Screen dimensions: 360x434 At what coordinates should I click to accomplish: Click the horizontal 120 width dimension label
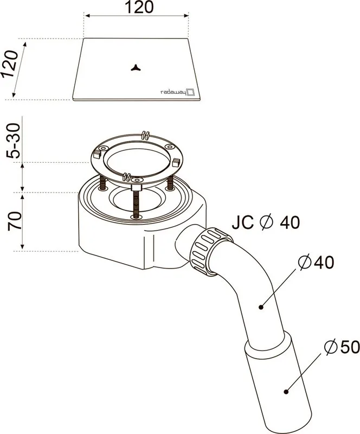click(139, 7)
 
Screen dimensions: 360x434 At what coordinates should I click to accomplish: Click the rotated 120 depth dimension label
click(9, 64)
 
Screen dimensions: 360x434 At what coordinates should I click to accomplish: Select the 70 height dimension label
click(15, 221)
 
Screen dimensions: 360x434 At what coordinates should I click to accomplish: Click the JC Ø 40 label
click(266, 222)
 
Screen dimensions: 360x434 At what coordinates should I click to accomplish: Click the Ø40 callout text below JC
click(316, 262)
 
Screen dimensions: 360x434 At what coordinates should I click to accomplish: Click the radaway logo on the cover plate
click(178, 92)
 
